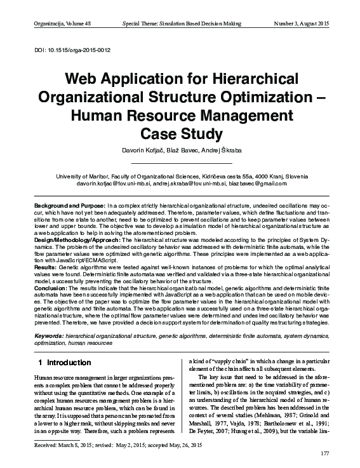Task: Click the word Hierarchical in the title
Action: [x=253, y=81]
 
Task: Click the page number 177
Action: [x=326, y=453]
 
